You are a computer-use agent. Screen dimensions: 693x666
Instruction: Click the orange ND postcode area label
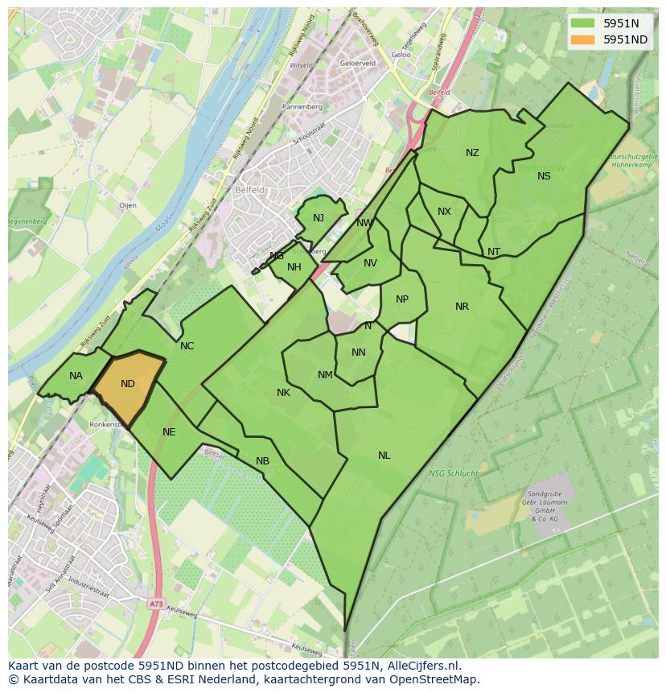128,384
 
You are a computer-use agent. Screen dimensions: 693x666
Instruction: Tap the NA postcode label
76,376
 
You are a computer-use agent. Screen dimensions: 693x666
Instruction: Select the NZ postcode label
472,153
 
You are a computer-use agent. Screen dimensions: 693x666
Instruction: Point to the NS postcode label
544,176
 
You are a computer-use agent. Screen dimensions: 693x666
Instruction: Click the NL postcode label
384,456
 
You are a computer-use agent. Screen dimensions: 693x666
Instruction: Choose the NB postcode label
262,461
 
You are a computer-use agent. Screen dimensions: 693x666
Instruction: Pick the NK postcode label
283,393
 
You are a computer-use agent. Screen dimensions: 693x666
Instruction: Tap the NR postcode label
462,307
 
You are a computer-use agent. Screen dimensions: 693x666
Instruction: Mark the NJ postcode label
319,218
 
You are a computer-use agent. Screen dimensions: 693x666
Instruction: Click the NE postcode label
169,432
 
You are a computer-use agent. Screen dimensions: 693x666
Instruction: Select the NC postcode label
187,346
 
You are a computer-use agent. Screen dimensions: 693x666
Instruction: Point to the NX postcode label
444,212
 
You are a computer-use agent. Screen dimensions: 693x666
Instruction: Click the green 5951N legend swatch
582,23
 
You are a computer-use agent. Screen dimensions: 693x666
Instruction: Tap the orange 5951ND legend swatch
582,39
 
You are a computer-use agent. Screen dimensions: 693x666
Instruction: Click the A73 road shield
155,603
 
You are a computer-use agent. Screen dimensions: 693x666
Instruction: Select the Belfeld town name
249,191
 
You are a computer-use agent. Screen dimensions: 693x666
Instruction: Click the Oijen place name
128,206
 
